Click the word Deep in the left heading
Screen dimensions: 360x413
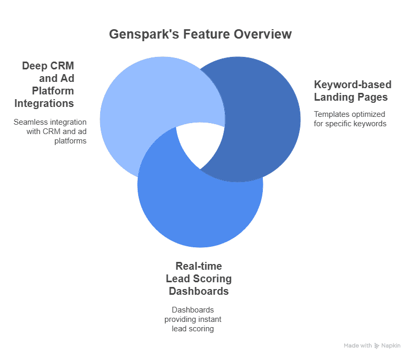tap(34, 66)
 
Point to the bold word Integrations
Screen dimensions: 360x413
tap(44, 103)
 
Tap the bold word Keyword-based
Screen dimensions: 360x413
tap(353, 85)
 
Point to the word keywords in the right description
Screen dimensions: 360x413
tap(370, 124)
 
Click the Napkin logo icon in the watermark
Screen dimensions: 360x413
tap(377, 346)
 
